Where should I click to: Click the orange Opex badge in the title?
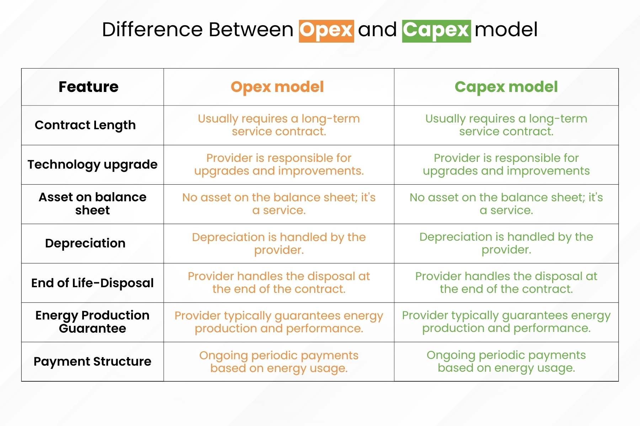pyautogui.click(x=326, y=31)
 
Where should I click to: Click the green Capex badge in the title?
pyautogui.click(x=437, y=31)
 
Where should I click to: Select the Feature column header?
pyautogui.click(x=89, y=87)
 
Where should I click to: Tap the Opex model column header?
pyautogui.click(x=277, y=87)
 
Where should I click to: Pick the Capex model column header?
pyautogui.click(x=506, y=87)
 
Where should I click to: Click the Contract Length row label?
pyautogui.click(x=85, y=125)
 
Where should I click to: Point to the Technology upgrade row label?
pyautogui.click(x=92, y=165)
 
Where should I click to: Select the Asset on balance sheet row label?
pyautogui.click(x=92, y=204)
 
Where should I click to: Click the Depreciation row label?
pyautogui.click(x=85, y=244)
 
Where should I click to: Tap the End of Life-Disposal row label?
pyautogui.click(x=92, y=283)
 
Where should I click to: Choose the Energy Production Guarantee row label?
pyautogui.click(x=92, y=322)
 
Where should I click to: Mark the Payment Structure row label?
pyautogui.click(x=92, y=361)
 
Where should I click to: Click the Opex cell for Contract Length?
pyautogui.click(x=279, y=125)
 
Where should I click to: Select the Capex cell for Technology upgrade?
pyautogui.click(x=506, y=164)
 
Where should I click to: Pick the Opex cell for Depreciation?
pyautogui.click(x=279, y=244)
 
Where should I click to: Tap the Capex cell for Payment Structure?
pyautogui.click(x=506, y=361)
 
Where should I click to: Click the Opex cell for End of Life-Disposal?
pyautogui.click(x=279, y=283)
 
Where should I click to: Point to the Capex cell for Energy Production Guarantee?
pyautogui.click(x=506, y=322)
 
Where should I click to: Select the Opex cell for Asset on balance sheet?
pyautogui.click(x=279, y=204)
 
